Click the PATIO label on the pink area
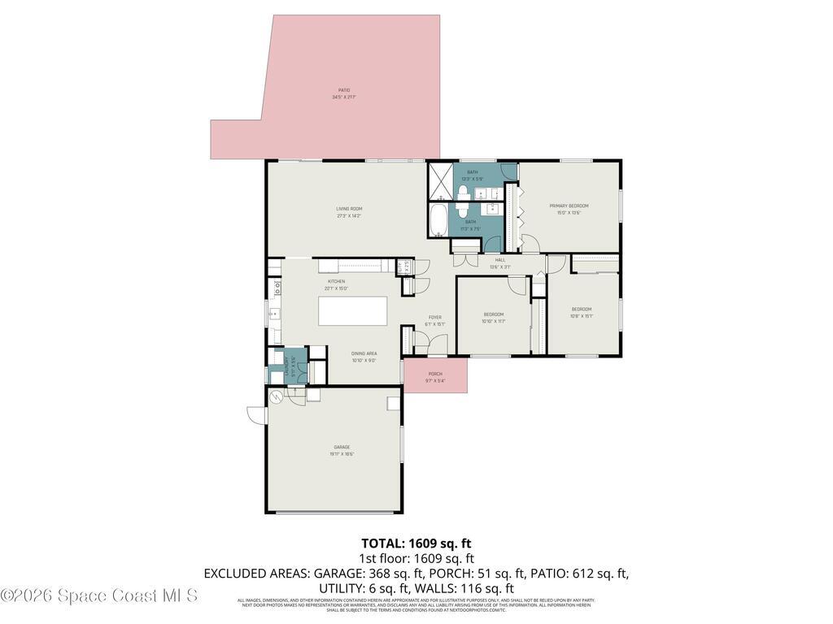click(344, 90)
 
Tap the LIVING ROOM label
click(349, 209)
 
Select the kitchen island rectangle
click(352, 311)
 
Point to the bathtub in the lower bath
click(438, 219)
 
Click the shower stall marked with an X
click(440, 181)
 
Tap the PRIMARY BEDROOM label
click(569, 206)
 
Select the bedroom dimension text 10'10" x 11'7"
click(494, 322)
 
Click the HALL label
click(500, 260)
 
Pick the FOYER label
click(435, 317)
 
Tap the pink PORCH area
click(436, 377)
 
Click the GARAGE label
click(342, 447)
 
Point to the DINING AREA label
click(364, 353)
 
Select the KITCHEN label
click(336, 281)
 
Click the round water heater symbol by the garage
click(276, 396)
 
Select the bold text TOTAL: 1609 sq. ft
click(416, 543)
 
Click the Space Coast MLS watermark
click(99, 596)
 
